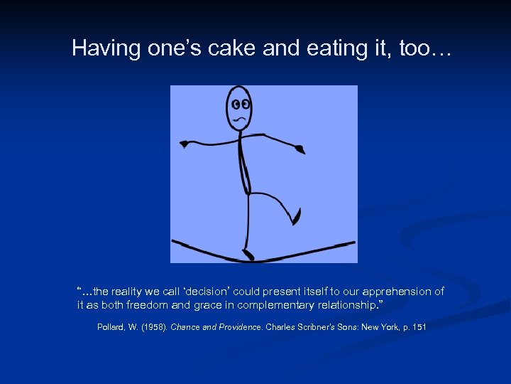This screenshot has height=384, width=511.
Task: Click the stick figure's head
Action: click(239, 108)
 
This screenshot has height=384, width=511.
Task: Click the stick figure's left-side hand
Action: click(184, 144)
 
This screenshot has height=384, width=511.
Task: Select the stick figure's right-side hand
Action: click(300, 149)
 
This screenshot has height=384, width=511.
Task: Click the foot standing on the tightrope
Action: click(248, 254)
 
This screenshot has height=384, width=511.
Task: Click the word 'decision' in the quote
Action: click(214, 292)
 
